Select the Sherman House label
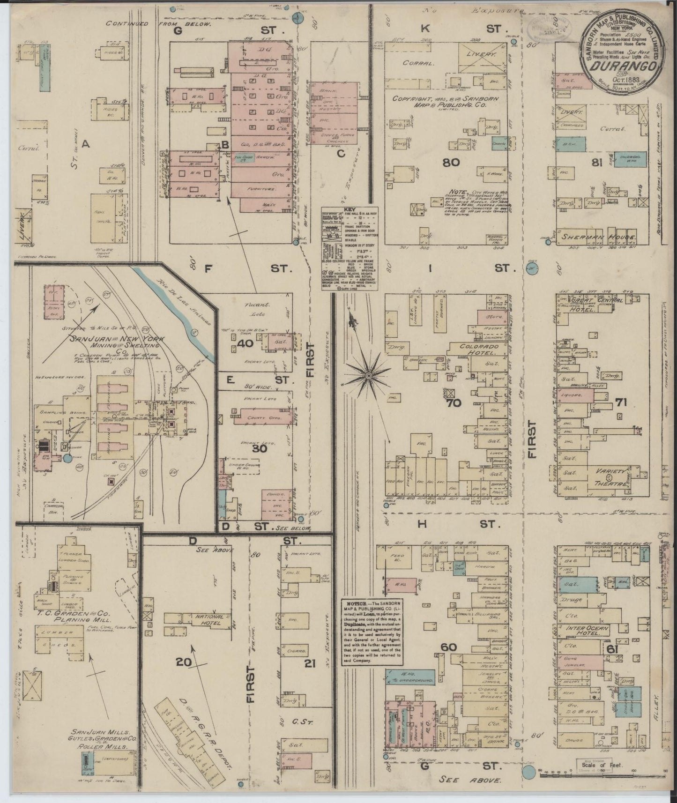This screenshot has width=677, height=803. pos(595,238)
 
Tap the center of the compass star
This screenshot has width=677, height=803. pos(369,375)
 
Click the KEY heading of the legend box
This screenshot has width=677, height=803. pos(350,211)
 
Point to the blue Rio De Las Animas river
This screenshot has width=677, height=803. pos(187,319)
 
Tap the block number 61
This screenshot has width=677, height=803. pos(625,649)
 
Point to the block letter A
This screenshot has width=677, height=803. pos(85,145)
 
